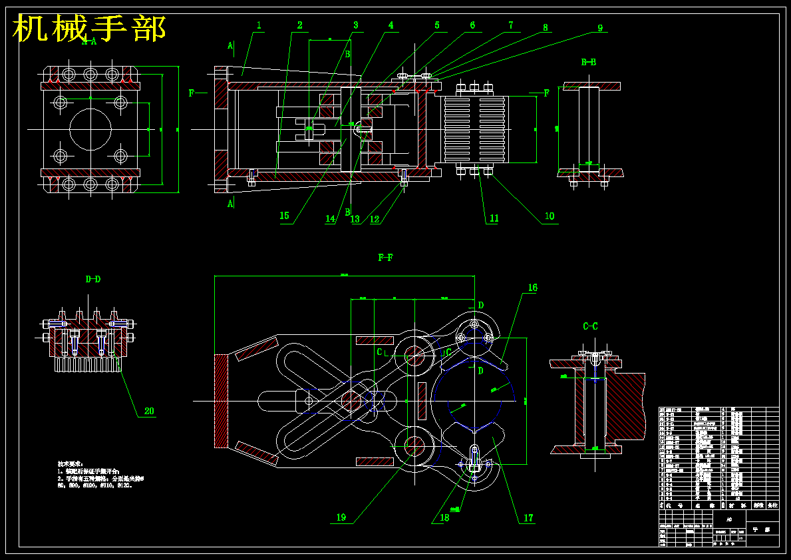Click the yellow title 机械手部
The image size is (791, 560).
[x=90, y=29]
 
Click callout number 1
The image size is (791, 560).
[x=259, y=25]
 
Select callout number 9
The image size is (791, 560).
[x=599, y=28]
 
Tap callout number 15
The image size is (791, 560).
[x=285, y=216]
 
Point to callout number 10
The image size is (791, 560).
[x=550, y=216]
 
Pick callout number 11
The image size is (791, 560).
[x=494, y=218]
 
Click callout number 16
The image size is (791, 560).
[x=532, y=288]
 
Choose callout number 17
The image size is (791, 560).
[x=529, y=517]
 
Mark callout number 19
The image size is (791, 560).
[x=341, y=517]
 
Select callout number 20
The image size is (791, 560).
[x=149, y=411]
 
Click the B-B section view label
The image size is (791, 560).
[x=588, y=62]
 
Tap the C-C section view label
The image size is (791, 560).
[x=590, y=326]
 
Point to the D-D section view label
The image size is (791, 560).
[x=93, y=279]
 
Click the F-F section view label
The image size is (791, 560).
[x=385, y=258]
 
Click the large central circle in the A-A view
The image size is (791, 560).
[x=90, y=129]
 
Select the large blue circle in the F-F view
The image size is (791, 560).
[x=473, y=396]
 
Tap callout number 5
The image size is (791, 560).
[x=437, y=25]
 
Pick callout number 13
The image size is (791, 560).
[x=355, y=218]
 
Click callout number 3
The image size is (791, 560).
[x=356, y=25]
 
